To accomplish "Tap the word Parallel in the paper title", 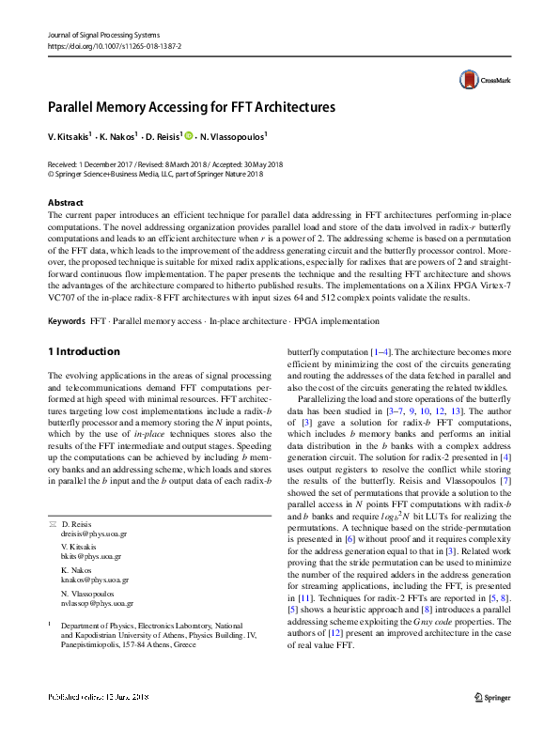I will [x=77, y=107].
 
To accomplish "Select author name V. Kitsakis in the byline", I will [x=70, y=136].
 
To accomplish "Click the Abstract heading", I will [x=66, y=203].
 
